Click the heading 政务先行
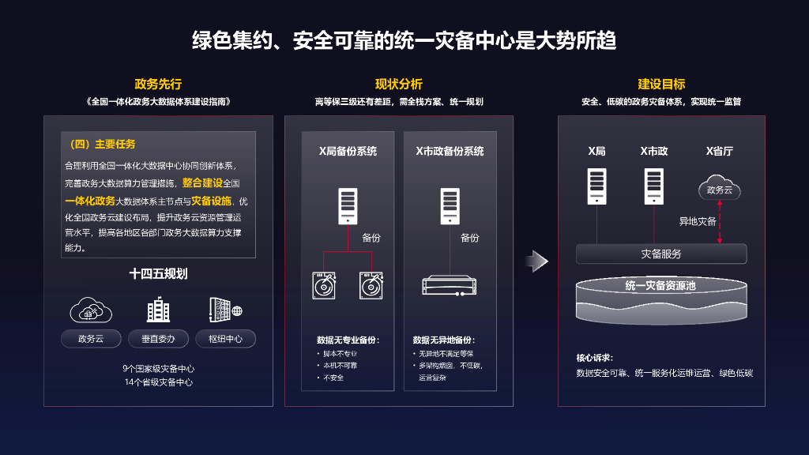coord(158,84)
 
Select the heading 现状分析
coord(399,84)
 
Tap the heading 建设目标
coord(661,84)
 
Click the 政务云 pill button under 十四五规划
coord(92,339)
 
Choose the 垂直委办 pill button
coord(159,339)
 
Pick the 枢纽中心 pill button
coord(225,339)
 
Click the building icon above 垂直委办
coord(159,310)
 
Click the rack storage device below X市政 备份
coord(450,285)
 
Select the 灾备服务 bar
coord(661,254)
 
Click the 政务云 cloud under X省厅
coord(720,190)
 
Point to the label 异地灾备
coord(698,221)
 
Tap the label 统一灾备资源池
coord(660,285)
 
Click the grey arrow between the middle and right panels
coord(537,261)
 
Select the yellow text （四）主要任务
coord(103,144)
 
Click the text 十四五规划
coord(159,274)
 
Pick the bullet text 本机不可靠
coord(341,366)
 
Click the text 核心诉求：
coord(594,357)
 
